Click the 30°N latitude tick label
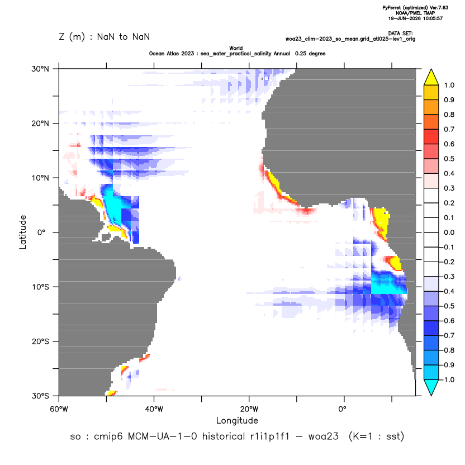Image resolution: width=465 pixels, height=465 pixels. [x=40, y=69]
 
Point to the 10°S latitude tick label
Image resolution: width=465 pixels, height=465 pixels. [x=40, y=287]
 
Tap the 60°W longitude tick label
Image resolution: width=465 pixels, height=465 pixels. [x=59, y=409]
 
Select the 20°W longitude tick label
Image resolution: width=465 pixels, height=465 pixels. [x=249, y=409]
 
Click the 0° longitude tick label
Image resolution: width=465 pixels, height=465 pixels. [x=342, y=409]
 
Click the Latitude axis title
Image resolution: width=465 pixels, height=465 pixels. [x=22, y=232]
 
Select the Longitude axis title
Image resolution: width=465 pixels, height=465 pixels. [x=237, y=420]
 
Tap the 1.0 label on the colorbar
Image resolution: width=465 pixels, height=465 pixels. [x=449, y=86]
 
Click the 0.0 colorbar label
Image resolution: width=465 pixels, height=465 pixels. [x=449, y=232]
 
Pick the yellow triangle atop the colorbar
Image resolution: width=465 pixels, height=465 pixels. [x=431, y=77]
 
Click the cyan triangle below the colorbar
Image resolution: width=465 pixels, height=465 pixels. [x=431, y=388]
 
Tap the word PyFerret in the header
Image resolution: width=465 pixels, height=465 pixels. [x=392, y=8]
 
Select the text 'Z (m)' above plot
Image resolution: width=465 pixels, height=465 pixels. [x=72, y=37]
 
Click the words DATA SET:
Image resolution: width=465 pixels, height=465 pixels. [x=400, y=34]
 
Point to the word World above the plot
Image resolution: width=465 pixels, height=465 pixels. [x=236, y=48]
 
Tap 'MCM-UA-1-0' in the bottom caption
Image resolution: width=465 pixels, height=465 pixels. [x=163, y=436]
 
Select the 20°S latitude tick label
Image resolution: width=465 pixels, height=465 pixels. [x=40, y=341]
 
